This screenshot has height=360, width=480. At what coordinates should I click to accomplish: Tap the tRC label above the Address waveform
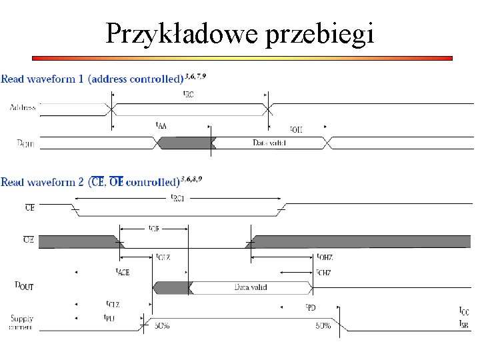[x=189, y=95]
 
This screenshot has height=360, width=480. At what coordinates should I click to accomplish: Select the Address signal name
[x=23, y=107]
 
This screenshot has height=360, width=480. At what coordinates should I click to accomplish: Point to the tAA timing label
[x=161, y=125]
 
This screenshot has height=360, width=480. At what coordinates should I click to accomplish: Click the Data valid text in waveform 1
[x=269, y=143]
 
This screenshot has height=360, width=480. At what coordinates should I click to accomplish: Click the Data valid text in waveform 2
[x=251, y=287]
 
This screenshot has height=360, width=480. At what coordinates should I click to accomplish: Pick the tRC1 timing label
[x=178, y=198]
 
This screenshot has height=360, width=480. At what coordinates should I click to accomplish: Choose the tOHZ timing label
[x=325, y=257]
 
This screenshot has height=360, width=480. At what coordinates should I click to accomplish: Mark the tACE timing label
[x=123, y=271]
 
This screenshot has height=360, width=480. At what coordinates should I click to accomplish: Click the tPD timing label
[x=311, y=307]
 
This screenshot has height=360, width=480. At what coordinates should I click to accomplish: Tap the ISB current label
[x=463, y=323]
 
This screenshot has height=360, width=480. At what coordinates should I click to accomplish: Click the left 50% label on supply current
[x=162, y=326]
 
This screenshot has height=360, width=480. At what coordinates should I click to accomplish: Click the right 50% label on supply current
[x=323, y=326]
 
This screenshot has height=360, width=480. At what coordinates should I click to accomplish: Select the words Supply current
[x=21, y=323]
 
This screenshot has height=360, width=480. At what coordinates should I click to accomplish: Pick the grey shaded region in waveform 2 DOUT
[x=173, y=287]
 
